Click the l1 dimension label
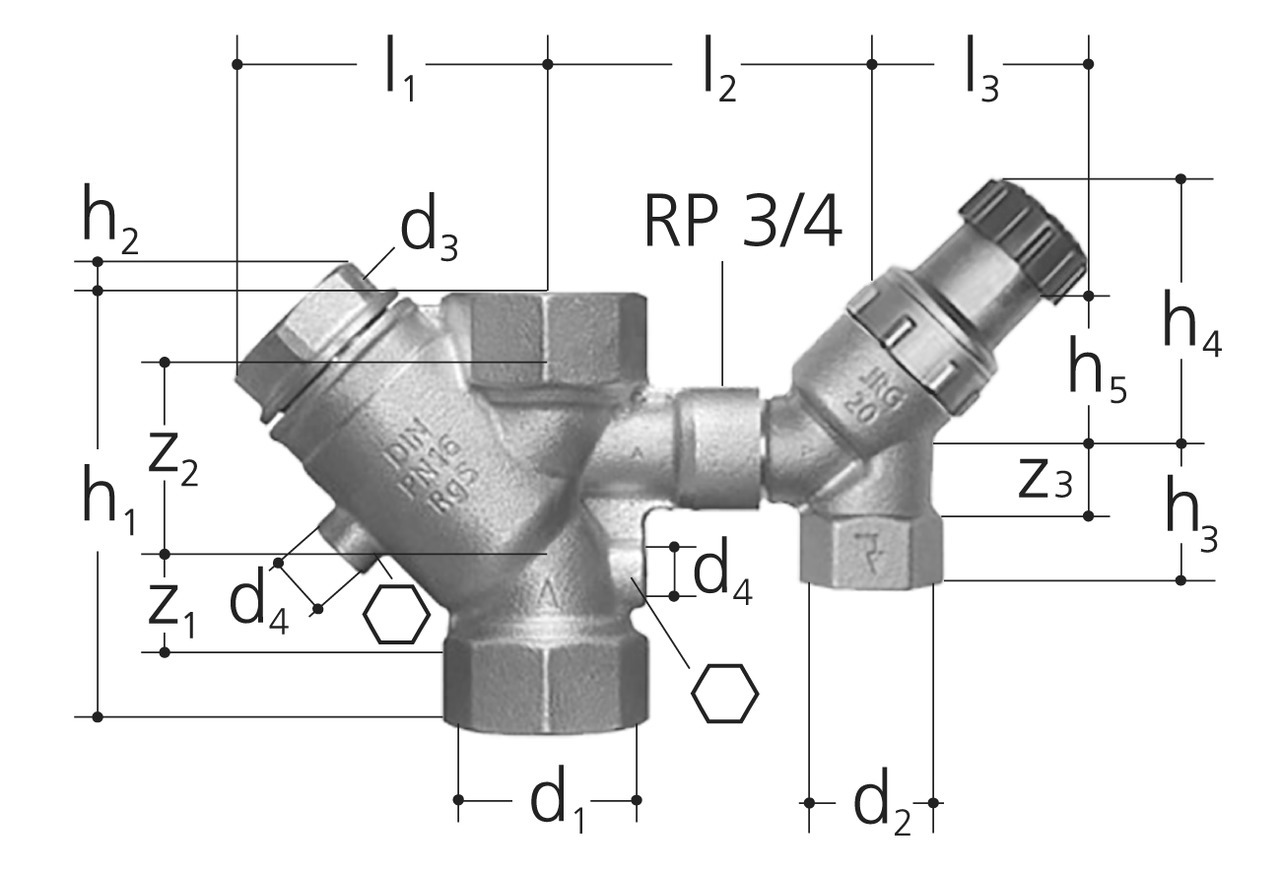[399, 69]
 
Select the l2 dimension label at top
[719, 69]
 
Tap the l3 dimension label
[982, 69]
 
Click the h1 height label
[110, 500]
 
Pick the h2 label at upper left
[110, 219]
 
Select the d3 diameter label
[429, 227]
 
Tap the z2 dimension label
[173, 461]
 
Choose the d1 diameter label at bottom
[558, 799]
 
